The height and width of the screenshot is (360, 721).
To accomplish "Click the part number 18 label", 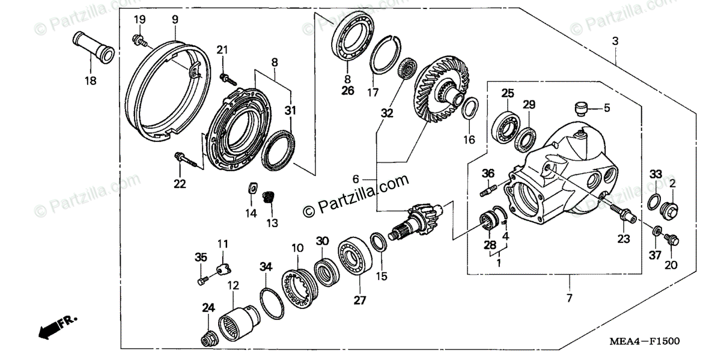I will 90,80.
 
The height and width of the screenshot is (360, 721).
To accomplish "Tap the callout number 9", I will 175,20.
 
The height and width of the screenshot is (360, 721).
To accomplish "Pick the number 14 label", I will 251,213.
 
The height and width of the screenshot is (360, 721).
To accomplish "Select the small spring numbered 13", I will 270,196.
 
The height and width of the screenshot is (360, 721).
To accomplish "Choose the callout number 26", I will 347,91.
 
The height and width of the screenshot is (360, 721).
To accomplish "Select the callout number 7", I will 568,298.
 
